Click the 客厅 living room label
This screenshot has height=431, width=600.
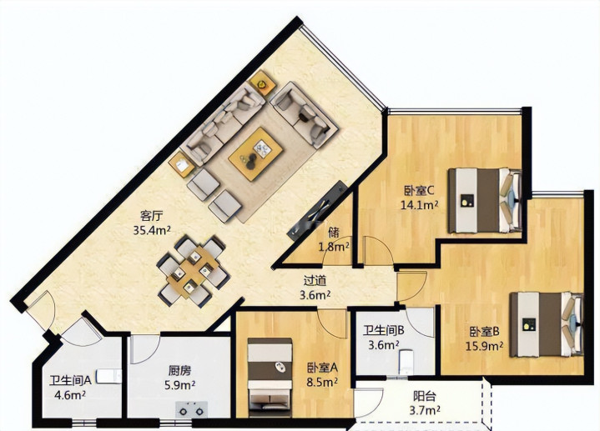point(152,216)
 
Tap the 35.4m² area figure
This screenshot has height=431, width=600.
point(152,230)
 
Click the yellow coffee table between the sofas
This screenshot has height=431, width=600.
point(255,153)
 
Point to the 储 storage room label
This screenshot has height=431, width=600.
point(334,232)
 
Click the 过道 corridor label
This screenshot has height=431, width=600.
point(315,281)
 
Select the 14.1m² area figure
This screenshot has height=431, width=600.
point(419,204)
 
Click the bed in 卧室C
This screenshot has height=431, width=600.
point(485,200)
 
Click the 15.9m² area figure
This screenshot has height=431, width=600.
point(484,346)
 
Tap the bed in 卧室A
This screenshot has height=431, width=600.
point(270,378)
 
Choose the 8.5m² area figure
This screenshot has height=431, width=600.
point(322,382)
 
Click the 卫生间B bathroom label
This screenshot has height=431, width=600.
point(384,330)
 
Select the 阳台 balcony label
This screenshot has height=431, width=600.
point(425,396)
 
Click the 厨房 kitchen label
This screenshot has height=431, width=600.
point(179,371)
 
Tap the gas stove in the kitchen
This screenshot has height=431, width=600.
point(191,409)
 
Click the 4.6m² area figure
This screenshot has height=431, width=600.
point(69,395)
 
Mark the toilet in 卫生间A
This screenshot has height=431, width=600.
point(108,377)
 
